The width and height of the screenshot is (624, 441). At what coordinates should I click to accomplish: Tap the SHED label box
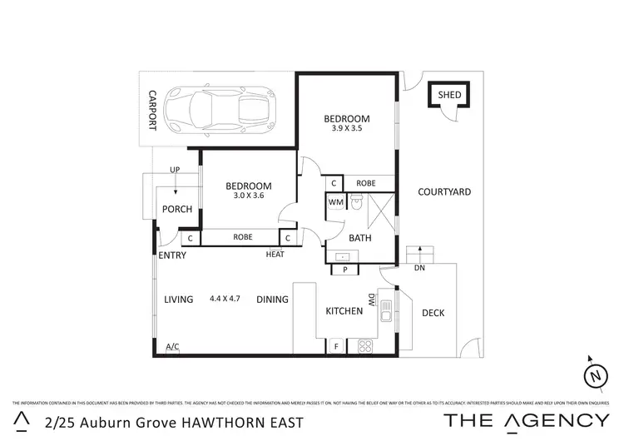(x=448, y=95)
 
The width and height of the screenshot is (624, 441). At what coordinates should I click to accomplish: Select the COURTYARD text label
(x=444, y=192)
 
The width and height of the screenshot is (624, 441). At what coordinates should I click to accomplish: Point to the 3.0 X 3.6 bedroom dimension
(x=249, y=196)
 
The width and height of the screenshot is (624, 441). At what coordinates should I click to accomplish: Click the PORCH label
(x=177, y=209)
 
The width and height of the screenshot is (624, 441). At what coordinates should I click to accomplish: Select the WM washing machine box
(x=335, y=201)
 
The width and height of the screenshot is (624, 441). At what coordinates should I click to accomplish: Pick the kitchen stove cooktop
(x=364, y=345)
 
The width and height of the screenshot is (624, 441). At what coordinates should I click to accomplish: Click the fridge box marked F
(x=336, y=345)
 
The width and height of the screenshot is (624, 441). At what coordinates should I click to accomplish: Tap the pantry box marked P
(x=344, y=270)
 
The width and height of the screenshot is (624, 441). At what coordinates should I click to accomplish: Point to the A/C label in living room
(x=172, y=346)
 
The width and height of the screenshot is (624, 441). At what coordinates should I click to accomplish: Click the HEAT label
(x=275, y=254)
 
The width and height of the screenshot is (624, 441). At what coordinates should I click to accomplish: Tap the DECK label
(x=433, y=313)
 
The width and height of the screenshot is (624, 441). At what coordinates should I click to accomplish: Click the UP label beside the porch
(x=174, y=170)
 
